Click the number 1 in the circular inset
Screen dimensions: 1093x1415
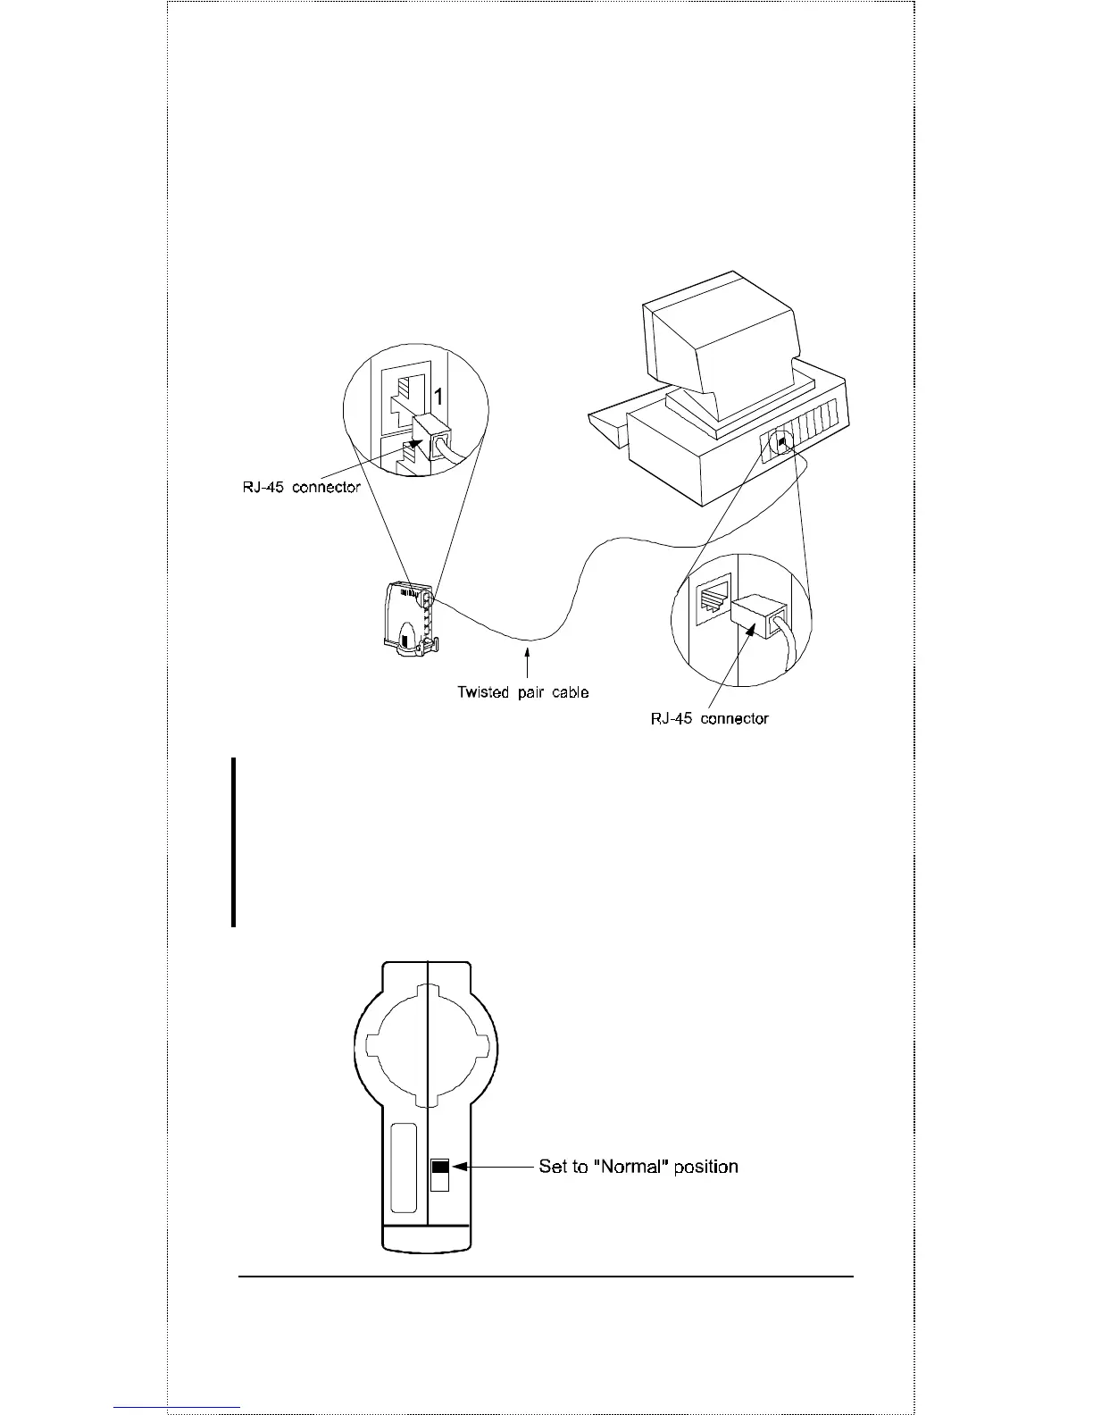tap(439, 396)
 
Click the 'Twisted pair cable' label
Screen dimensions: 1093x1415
tap(522, 692)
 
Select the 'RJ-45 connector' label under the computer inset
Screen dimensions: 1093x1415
tap(709, 718)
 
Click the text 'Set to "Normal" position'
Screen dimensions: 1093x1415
tap(638, 1167)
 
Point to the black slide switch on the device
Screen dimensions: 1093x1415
tap(440, 1168)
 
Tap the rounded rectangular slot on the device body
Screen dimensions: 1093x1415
tap(404, 1167)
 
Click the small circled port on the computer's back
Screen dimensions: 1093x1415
tap(782, 442)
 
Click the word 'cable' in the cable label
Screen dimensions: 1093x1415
tap(569, 692)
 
